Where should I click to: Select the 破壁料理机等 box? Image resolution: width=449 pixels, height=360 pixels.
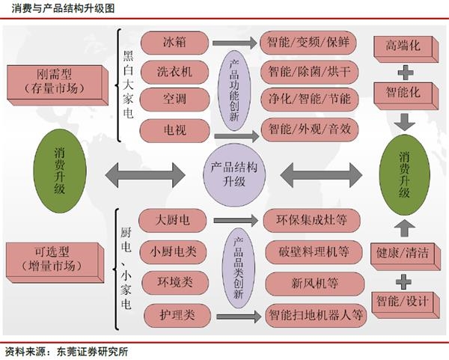click(x=312, y=251)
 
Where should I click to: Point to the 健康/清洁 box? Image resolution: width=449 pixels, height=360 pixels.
click(x=404, y=253)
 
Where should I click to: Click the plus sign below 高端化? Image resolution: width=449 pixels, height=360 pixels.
click(x=405, y=72)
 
